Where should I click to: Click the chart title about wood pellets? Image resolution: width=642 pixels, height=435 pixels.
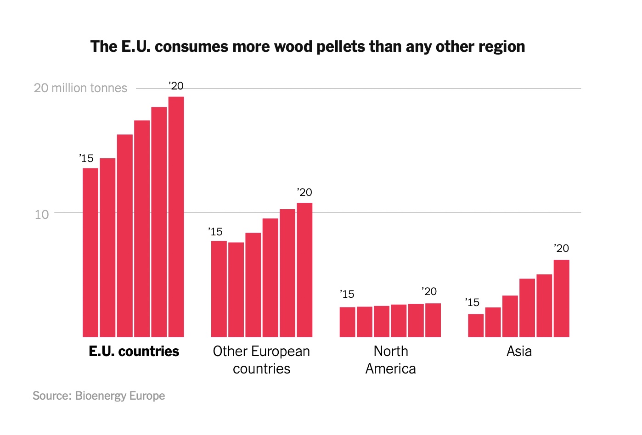coord(308,46)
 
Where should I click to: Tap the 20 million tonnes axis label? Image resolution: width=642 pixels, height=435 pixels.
coord(80,88)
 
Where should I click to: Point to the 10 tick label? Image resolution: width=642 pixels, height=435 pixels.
coord(42,214)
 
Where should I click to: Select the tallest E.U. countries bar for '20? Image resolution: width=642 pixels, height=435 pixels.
coord(176,217)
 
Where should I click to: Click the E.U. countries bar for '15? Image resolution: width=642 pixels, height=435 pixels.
coord(90,252)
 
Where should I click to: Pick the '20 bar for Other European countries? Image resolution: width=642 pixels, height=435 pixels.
coord(304,270)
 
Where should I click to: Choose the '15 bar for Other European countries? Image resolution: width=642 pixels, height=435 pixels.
coord(219,289)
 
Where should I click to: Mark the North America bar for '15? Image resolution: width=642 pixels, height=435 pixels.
coord(347,322)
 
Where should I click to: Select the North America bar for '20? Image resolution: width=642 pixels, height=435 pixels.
coord(433,320)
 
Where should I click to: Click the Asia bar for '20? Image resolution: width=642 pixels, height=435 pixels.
coord(561,298)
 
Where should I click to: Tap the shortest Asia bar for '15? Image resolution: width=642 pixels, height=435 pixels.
coord(476,325)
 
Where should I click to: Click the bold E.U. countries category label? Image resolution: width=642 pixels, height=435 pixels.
coord(134,351)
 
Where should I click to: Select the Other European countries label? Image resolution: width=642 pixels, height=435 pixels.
coord(261,360)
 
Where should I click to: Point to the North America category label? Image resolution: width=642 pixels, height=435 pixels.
coord(391,360)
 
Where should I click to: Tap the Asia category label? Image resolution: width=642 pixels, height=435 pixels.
coord(519,351)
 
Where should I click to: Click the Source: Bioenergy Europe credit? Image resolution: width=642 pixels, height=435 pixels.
coord(99,396)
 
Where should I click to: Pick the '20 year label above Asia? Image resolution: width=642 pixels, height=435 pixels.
coord(561,248)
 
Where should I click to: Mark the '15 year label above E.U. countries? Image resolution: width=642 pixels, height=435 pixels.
coord(86,158)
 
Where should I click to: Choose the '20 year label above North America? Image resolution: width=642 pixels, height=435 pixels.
coord(429,291)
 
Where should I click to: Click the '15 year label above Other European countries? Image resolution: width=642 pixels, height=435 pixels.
coord(215,232)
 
